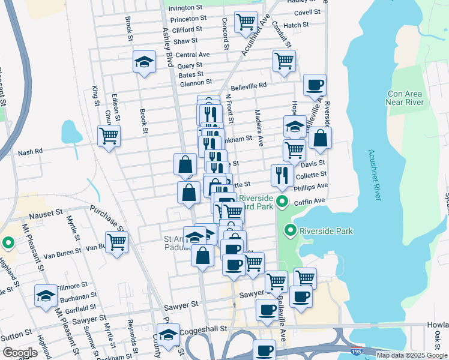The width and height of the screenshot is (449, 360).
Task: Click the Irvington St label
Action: [x=185, y=8]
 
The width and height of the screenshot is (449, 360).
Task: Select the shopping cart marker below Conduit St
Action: [x=284, y=61]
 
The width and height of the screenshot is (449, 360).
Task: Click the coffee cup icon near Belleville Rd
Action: [x=315, y=85]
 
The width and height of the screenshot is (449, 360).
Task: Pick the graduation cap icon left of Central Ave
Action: [x=144, y=62]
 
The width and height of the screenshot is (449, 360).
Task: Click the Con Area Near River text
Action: [x=406, y=98]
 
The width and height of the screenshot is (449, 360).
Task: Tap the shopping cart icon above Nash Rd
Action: [x=109, y=136]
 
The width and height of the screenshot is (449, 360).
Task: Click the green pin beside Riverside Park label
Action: [x=291, y=230]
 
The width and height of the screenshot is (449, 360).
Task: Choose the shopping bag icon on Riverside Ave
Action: [x=321, y=137]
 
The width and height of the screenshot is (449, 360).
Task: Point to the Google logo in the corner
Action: [x=19, y=352]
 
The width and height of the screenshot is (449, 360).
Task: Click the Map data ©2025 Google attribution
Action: [x=412, y=355]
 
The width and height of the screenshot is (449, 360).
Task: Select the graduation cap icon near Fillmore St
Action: [x=46, y=295]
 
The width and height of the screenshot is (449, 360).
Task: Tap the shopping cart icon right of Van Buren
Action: [x=116, y=242]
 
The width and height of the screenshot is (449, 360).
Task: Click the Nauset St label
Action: [x=43, y=212]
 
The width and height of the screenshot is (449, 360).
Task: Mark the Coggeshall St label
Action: [x=206, y=329]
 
